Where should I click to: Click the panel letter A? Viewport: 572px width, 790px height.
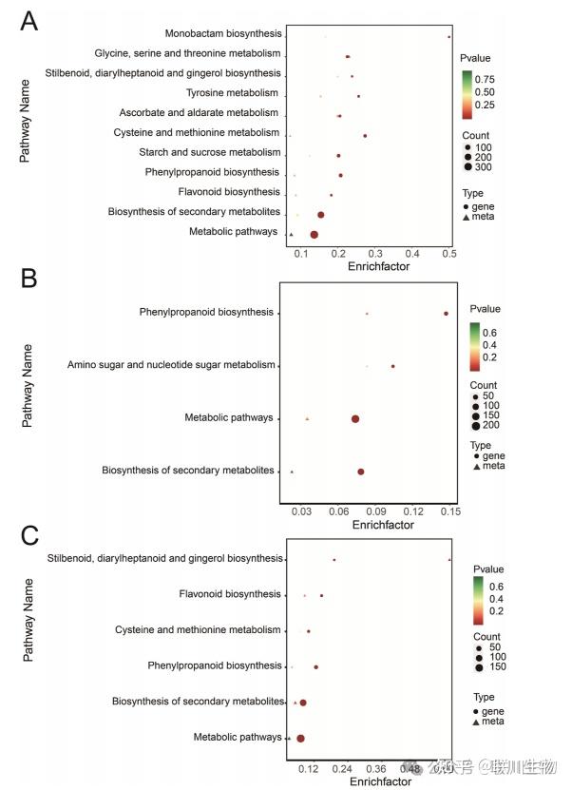[x=29, y=21]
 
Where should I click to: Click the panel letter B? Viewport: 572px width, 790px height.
[x=29, y=279]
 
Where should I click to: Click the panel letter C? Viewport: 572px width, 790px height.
[x=29, y=535]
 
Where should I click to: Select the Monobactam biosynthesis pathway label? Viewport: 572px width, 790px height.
[x=222, y=34]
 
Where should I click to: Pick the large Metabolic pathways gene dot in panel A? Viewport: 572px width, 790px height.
[x=315, y=234]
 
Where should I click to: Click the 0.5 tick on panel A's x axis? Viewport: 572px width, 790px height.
[x=449, y=254]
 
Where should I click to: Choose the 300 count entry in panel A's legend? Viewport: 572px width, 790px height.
[x=484, y=166]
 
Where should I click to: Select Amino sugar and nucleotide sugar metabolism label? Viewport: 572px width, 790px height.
[x=172, y=365]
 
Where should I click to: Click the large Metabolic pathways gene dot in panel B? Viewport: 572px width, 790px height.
[x=355, y=418]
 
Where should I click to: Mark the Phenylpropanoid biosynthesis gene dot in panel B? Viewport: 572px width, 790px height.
[x=446, y=313]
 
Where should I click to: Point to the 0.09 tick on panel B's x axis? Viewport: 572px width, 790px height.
[x=375, y=511]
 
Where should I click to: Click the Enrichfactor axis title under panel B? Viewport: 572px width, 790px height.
[x=383, y=525]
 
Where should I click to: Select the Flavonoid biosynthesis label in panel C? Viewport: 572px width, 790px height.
[x=230, y=594]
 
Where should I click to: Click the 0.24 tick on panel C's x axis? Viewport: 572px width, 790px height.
[x=341, y=768]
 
